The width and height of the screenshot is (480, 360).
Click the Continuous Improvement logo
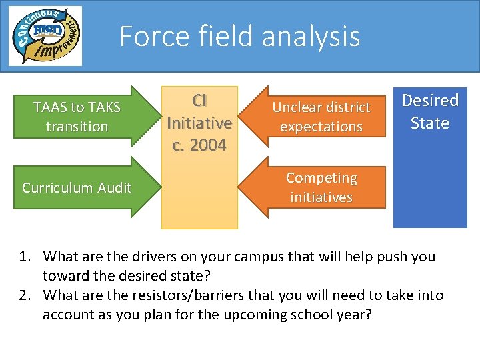(45, 36)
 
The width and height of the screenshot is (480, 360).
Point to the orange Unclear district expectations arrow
(321, 117)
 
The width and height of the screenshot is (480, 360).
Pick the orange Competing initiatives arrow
(321, 187)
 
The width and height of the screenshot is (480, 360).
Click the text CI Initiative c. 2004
(199, 123)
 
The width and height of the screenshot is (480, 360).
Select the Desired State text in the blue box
(430, 111)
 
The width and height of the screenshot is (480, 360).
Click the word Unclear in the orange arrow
(295, 107)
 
